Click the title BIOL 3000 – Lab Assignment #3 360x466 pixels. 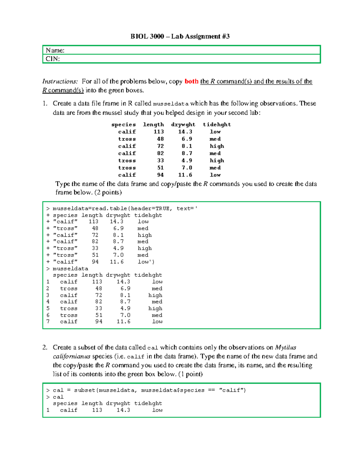tap(180, 37)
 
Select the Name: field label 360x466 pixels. tap(55, 50)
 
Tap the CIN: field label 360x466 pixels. tap(52, 59)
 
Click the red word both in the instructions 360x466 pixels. tap(191, 82)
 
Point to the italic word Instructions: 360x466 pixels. tap(60, 82)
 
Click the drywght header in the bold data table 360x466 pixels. tap(183, 125)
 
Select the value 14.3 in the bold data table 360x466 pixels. tap(185, 132)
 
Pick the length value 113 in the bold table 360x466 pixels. tap(159, 132)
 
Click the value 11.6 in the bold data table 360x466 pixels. tap(185, 175)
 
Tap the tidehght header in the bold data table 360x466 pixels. tap(217, 125)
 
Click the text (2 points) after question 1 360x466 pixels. tap(108, 193)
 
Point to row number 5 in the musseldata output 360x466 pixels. tap(48, 308)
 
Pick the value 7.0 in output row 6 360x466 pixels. tap(125, 315)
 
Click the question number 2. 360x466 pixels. tap(45, 347)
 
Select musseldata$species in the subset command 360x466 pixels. tap(172, 390)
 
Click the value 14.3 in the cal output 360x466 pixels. tap(123, 410)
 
